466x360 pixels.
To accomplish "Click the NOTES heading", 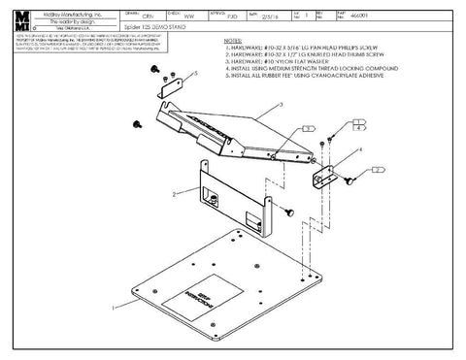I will pyautogui.click(x=235, y=42).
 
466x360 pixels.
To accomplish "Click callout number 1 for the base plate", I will pyautogui.click(x=110, y=305).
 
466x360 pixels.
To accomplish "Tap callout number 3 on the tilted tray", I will pyautogui.click(x=281, y=104).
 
